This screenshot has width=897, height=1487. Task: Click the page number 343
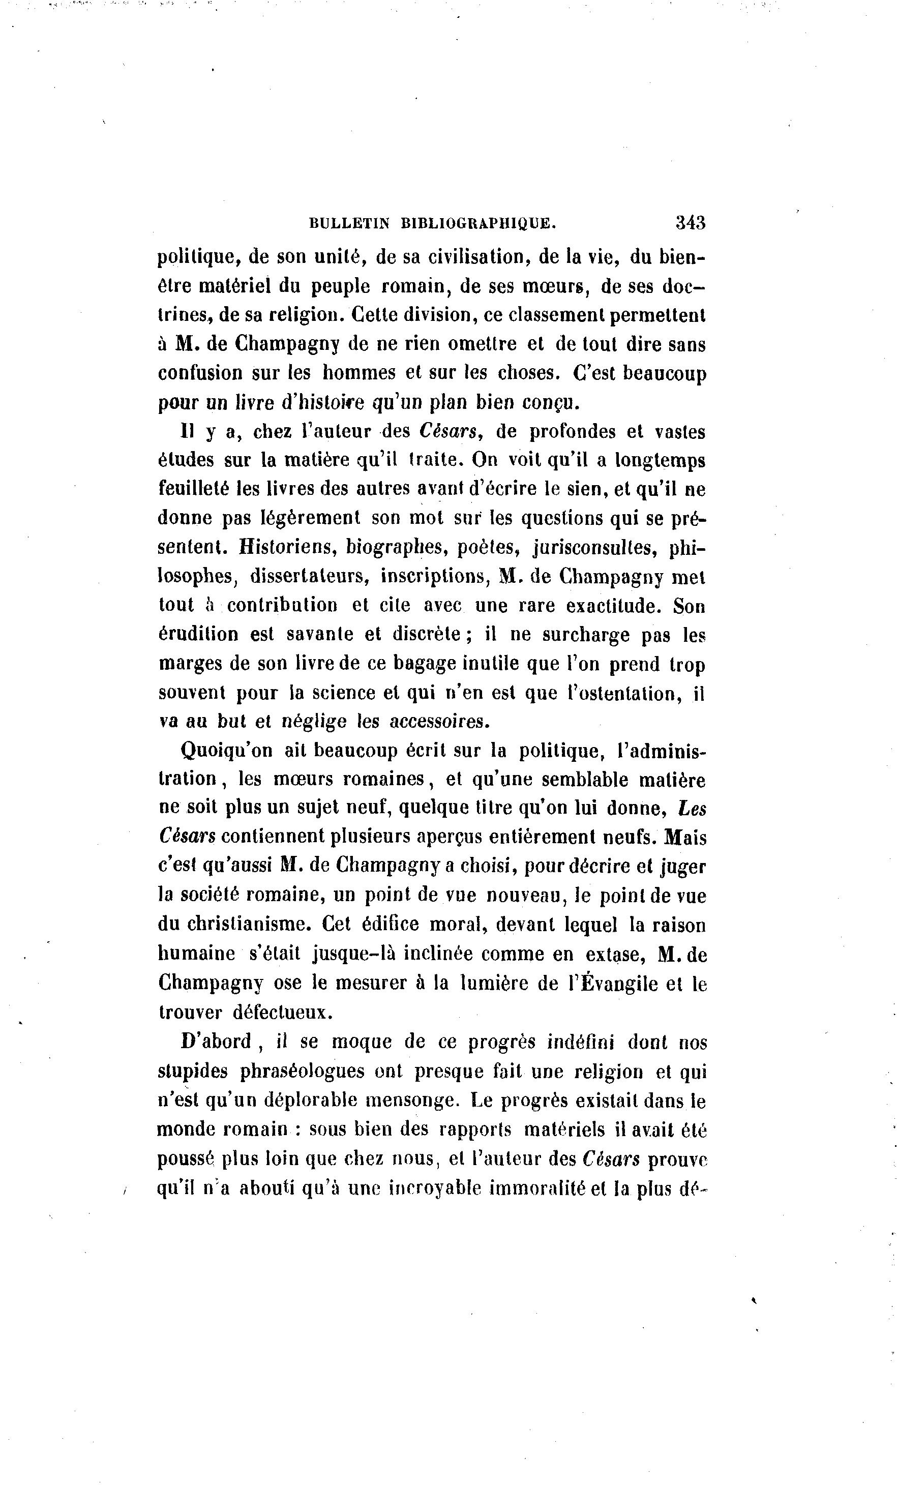(x=690, y=223)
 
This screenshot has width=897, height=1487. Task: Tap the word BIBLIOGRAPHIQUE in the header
(x=477, y=223)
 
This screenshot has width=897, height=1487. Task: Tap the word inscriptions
(x=434, y=576)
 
